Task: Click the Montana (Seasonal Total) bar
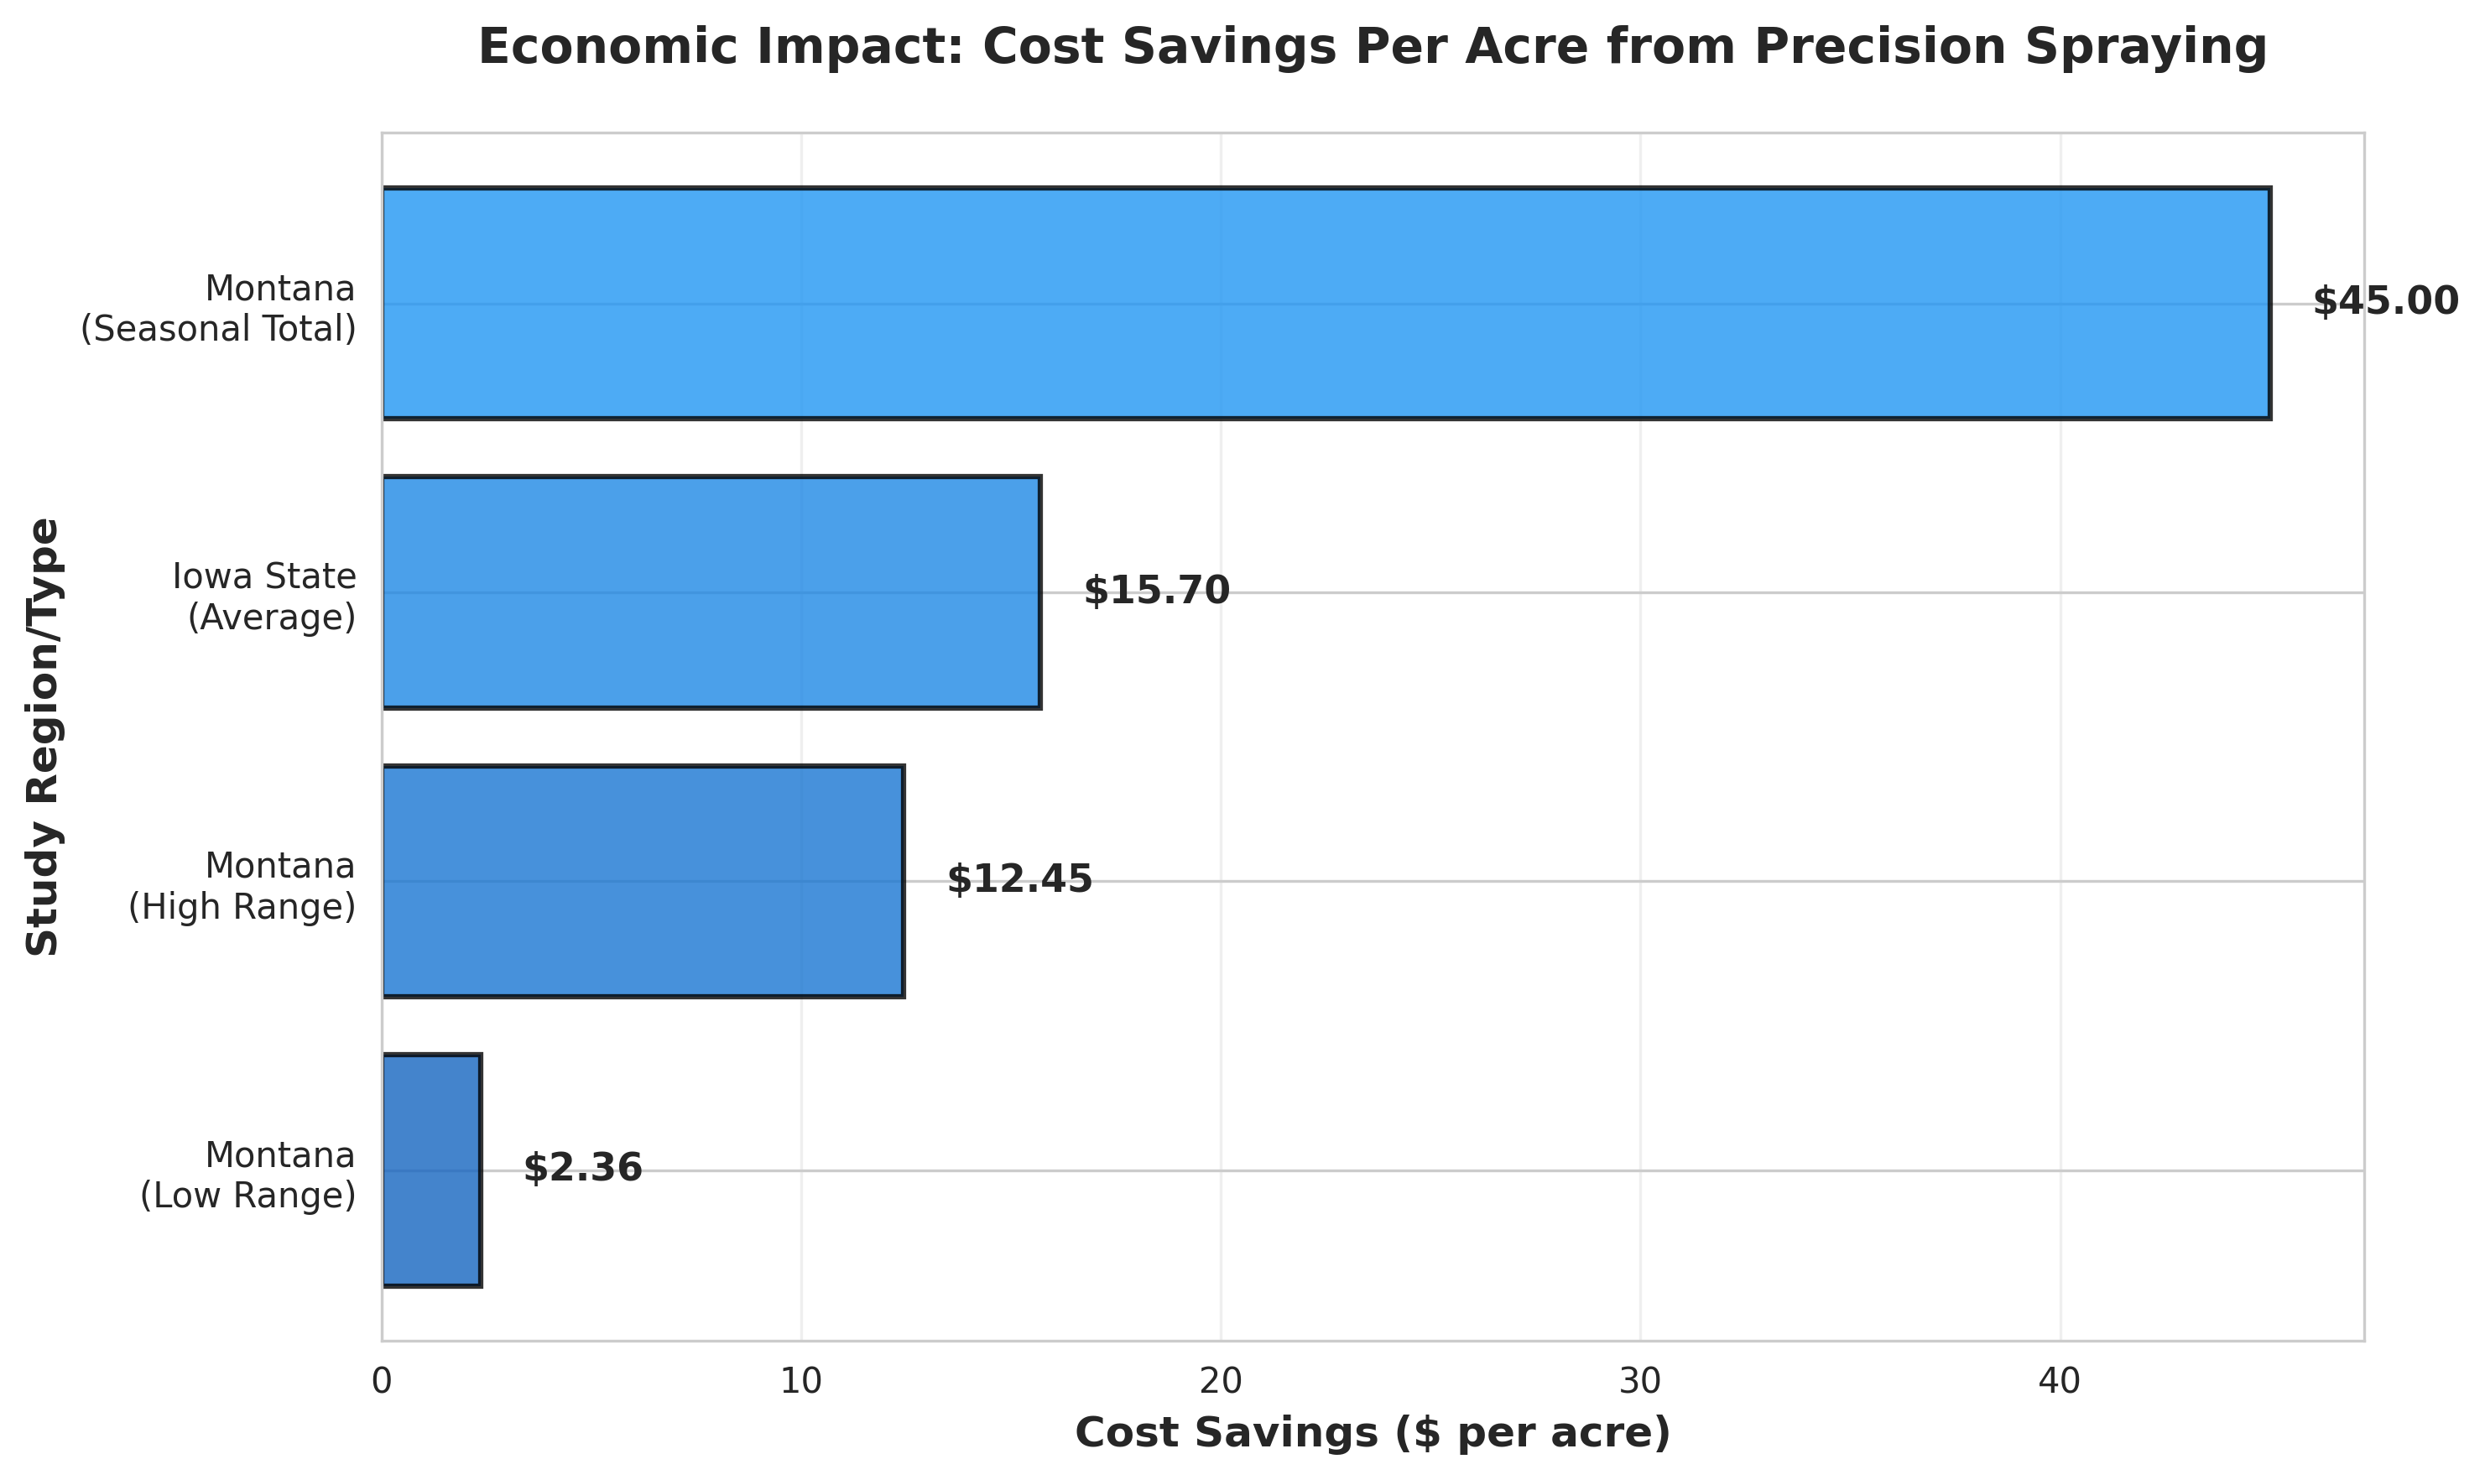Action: tap(1326, 303)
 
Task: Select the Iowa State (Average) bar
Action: tap(711, 592)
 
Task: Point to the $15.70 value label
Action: tap(1157, 591)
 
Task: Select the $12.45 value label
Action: tap(1019, 879)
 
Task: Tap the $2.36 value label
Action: tap(582, 1168)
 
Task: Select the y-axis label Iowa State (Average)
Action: tap(264, 597)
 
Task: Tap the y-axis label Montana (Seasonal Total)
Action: tap(218, 308)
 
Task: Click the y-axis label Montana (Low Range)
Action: tap(247, 1175)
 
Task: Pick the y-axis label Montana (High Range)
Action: tap(242, 886)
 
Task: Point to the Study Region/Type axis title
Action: tap(43, 737)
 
